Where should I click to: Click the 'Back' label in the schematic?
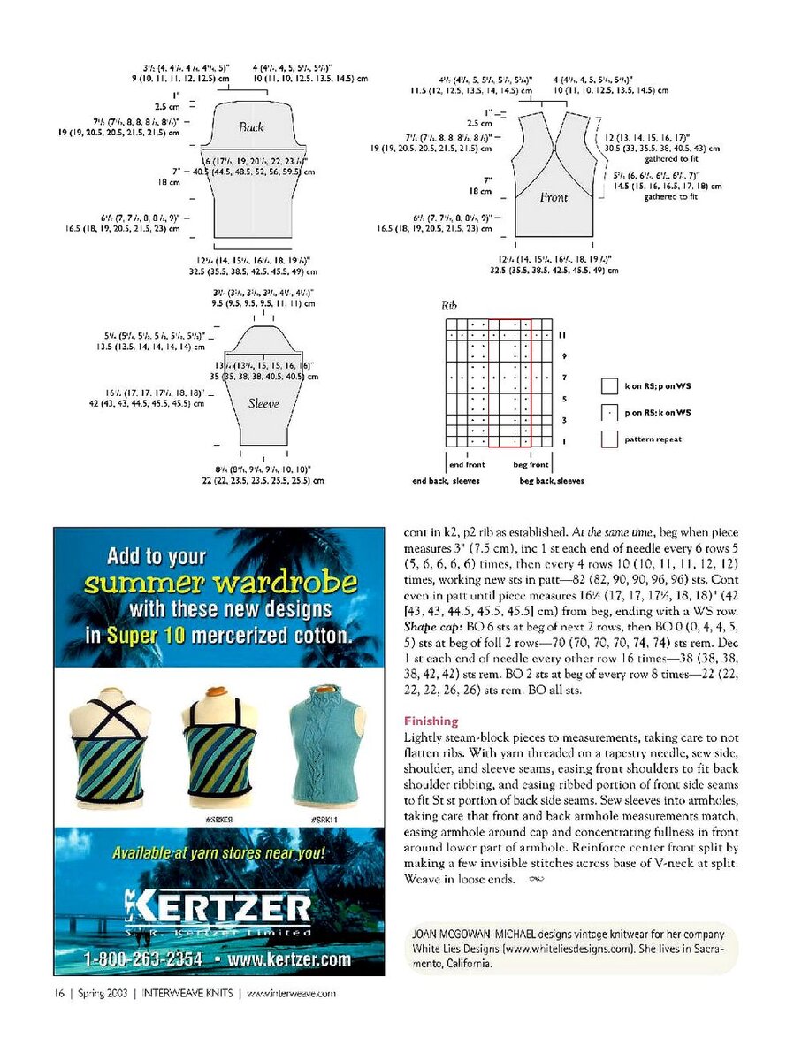coord(251,127)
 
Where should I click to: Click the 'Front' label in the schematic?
coord(554,197)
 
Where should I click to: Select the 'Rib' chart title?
coord(449,305)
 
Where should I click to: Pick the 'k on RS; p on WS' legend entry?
coord(658,386)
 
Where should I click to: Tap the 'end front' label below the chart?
coord(467,464)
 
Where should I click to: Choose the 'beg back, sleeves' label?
coord(552,481)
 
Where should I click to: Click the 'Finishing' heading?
coord(431,721)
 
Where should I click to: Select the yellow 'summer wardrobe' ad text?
coord(220,583)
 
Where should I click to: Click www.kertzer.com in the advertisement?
coord(289,959)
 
